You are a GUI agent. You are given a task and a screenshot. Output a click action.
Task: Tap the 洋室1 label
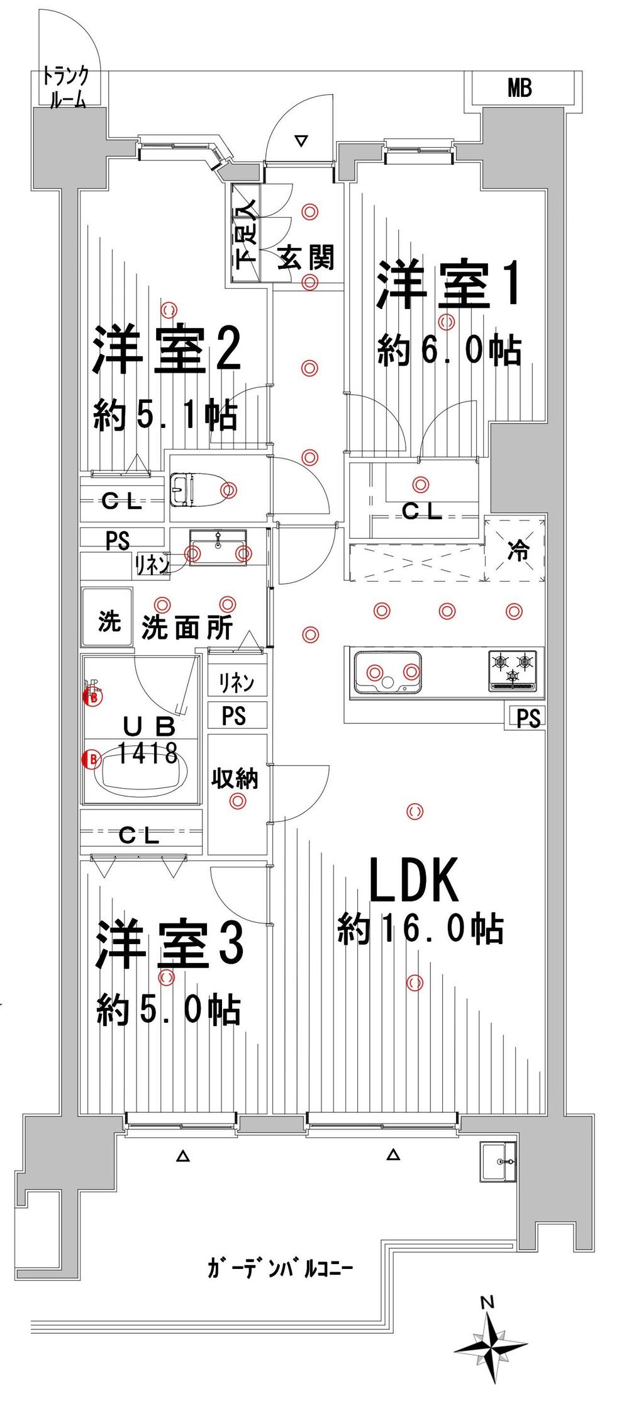tap(447, 287)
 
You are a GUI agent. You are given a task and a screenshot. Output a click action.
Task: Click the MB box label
tap(520, 89)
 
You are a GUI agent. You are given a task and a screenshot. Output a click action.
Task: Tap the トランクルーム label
tap(65, 89)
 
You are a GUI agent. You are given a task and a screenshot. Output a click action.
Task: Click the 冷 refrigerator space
tap(518, 551)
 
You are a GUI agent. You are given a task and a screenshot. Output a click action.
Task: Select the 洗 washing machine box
tap(108, 622)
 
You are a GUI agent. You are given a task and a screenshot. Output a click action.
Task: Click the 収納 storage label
tap(235, 779)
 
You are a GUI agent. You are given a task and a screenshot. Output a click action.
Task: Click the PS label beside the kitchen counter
tap(528, 718)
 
